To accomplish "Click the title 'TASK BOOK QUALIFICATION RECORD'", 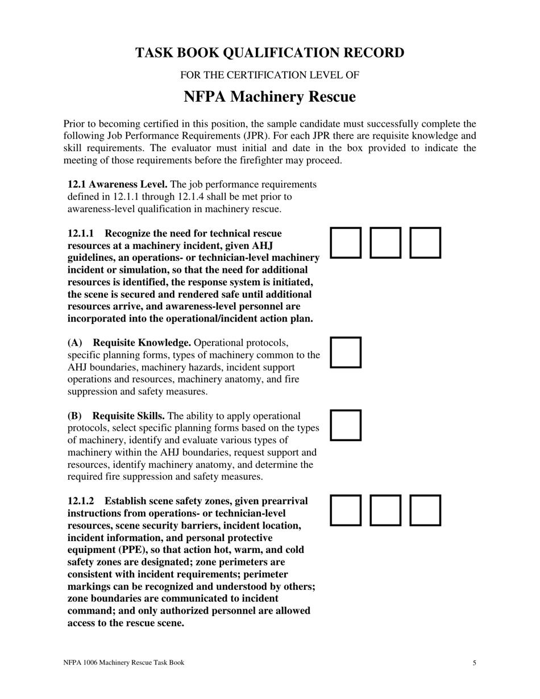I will coord(269,53).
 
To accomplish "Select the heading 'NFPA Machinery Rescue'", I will coord(269,97).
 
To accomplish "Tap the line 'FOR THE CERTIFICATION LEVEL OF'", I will coord(269,75).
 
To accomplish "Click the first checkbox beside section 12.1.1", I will coord(346,243).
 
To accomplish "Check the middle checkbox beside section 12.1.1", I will coord(385,243).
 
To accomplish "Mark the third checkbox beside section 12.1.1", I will coord(425,243).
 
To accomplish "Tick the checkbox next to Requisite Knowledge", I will coord(346,352).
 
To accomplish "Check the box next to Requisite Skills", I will coord(346,425).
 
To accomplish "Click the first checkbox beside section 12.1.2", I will coord(346,510).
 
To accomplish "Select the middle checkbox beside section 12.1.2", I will coord(385,510).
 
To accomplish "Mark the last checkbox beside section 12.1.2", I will coord(425,510).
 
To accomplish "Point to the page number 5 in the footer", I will coord(474,663).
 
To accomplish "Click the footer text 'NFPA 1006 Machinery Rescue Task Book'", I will coord(123,663).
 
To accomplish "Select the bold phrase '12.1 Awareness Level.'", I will coord(117,185).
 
